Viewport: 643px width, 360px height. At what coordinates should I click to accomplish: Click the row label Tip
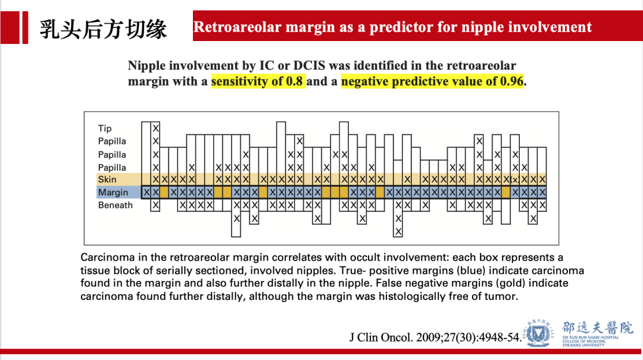(105, 129)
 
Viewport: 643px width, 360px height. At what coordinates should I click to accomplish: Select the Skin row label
(107, 179)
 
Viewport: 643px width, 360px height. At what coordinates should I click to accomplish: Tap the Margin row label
(113, 192)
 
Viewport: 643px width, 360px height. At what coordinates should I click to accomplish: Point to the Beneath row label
(116, 205)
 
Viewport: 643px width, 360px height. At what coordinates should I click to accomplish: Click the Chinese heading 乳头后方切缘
(103, 29)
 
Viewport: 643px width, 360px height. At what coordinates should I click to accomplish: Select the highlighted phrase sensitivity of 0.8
(257, 81)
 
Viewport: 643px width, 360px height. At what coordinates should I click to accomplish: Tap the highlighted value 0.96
(511, 81)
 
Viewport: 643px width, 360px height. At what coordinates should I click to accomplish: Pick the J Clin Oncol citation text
(435, 337)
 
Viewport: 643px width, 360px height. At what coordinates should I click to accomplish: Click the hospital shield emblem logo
(538, 333)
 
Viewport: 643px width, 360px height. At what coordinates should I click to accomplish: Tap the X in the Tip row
(155, 129)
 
